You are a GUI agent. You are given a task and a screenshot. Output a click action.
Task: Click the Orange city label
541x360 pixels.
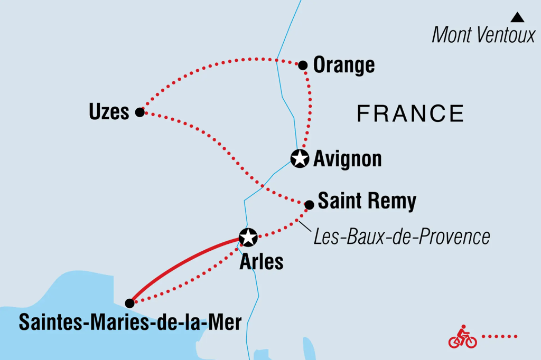[344, 65]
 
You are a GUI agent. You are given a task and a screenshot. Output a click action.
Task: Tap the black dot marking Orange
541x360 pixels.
[303, 65]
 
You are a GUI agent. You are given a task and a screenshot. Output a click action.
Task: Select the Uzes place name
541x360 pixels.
[109, 112]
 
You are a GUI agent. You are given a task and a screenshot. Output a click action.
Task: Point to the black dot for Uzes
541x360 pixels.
[139, 112]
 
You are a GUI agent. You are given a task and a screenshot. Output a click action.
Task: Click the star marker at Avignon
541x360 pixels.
[300, 158]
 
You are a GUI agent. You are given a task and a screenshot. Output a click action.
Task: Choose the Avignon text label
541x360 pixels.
[347, 159]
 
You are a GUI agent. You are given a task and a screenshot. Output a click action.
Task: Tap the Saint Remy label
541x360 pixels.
[367, 201]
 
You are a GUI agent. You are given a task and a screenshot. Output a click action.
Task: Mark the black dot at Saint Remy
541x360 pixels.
[310, 204]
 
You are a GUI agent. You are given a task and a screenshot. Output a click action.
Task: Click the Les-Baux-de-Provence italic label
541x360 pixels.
[402, 237]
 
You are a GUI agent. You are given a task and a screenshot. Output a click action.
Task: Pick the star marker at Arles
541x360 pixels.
[248, 238]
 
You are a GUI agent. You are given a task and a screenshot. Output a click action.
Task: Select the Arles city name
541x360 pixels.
[262, 262]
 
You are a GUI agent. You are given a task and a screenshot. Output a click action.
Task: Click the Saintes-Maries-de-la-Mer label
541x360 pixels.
[130, 322]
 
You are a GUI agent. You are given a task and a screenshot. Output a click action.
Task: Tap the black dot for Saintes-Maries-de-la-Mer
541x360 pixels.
[129, 303]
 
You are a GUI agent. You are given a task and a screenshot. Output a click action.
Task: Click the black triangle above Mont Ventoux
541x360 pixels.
[517, 17]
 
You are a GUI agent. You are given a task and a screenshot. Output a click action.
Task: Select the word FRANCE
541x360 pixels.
[411, 113]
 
